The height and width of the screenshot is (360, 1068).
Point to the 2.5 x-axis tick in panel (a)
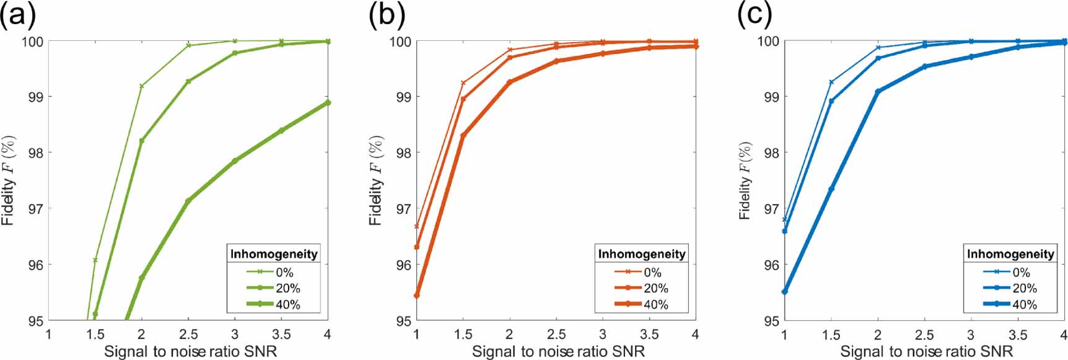(188, 334)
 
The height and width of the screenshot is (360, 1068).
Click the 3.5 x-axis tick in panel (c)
(1017, 334)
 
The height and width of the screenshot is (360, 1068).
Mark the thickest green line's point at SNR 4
(328, 103)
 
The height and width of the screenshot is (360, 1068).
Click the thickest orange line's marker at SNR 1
(416, 296)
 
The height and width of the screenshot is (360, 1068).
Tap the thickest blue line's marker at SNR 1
(785, 291)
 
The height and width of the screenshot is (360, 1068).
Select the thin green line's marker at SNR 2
(141, 86)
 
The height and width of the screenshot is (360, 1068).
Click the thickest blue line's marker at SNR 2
(878, 92)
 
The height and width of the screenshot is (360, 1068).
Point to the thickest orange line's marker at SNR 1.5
(463, 135)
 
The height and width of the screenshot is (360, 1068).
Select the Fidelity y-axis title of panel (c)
(745, 180)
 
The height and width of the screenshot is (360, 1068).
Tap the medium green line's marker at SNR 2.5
(188, 81)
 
